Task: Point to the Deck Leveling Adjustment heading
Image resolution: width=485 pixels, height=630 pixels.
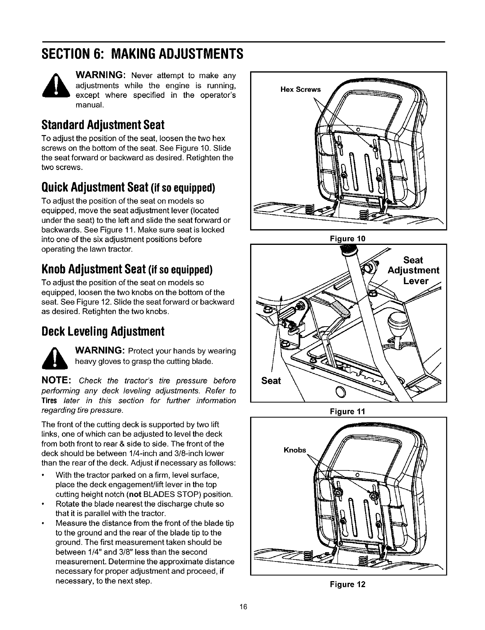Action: pyautogui.click(x=103, y=331)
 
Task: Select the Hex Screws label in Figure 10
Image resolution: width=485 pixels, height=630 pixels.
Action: pyautogui.click(x=301, y=89)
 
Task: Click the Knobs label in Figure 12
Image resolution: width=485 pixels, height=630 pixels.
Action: pyautogui.click(x=295, y=450)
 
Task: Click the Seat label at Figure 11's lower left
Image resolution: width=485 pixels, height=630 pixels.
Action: pyautogui.click(x=271, y=380)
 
